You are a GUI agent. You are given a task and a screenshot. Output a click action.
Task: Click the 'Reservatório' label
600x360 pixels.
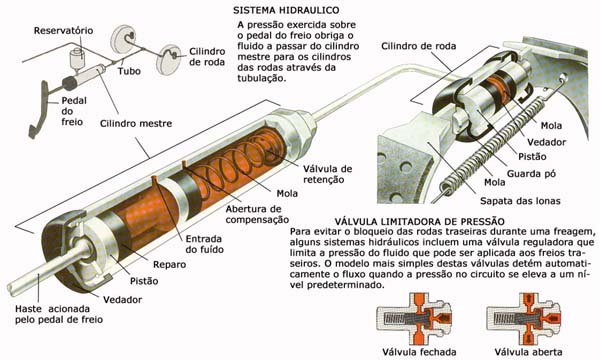point(64,31)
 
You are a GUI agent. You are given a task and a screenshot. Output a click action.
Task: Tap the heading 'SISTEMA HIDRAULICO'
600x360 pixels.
point(286,10)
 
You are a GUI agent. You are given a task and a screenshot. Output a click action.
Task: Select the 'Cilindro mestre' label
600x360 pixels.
point(136,124)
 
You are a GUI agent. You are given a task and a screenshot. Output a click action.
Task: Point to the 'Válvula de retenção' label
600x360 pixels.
point(328,174)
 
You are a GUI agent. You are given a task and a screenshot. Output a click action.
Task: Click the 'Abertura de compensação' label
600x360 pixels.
point(257,214)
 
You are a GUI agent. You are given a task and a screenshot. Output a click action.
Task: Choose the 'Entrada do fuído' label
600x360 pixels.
point(205,244)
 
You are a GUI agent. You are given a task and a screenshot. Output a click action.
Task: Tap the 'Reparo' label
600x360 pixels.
point(170,264)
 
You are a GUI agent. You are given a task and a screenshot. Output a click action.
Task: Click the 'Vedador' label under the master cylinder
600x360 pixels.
point(122,300)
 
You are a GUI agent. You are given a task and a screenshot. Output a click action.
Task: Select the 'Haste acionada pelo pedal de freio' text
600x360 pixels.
point(59,314)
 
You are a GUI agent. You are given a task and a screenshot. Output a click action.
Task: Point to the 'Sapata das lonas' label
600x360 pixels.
point(520,201)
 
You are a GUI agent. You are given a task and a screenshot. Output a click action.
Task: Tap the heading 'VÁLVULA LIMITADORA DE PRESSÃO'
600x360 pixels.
point(420,222)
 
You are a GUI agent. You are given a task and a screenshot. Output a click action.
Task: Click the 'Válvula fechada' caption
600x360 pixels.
point(419,352)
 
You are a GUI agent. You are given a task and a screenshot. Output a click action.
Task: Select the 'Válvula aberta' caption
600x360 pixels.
point(528,352)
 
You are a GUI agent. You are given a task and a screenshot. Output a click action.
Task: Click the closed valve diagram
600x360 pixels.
point(414,319)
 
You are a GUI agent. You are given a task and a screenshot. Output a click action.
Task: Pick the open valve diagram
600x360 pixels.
point(524,319)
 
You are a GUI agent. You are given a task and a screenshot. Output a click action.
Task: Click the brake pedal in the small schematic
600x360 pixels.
point(40,109)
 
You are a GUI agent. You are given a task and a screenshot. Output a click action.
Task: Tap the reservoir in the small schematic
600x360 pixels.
point(78,58)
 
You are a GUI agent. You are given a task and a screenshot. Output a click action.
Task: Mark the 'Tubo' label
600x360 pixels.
point(129,71)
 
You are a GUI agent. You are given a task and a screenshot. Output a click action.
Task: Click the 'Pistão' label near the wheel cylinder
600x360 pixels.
point(532,156)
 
